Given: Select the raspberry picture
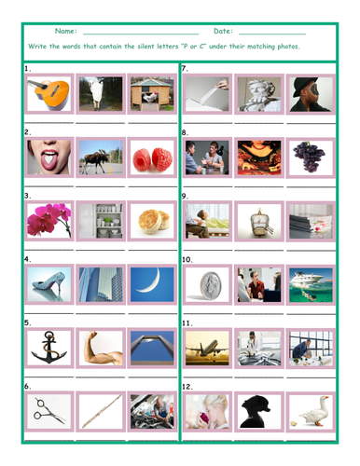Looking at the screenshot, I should pyautogui.click(x=152, y=158).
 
